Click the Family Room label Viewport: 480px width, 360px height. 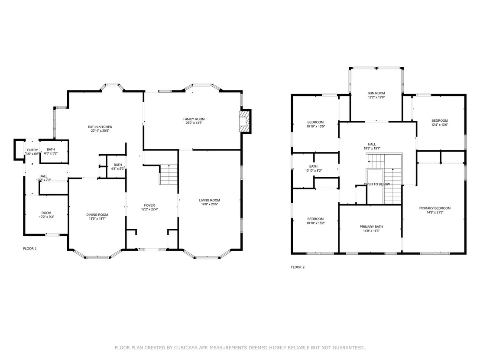(x=194, y=119)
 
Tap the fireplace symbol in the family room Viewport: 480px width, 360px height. (x=244, y=121)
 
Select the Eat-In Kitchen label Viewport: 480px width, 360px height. (x=100, y=127)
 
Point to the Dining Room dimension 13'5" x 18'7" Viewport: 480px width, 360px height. (x=97, y=219)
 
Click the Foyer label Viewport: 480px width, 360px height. (x=149, y=205)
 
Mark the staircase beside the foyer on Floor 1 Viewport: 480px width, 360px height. (x=169, y=175)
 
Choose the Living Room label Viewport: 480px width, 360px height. (x=209, y=201)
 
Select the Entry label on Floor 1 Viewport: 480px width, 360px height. (x=32, y=150)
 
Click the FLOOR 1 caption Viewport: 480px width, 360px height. (x=30, y=249)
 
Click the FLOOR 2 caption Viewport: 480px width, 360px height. (x=298, y=267)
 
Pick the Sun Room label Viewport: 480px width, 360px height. (x=376, y=93)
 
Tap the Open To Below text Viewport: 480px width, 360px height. (x=377, y=184)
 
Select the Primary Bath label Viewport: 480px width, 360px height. (x=371, y=227)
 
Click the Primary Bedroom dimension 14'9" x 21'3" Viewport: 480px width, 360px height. (x=435, y=212)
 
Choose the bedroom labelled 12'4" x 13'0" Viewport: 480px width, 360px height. (x=440, y=123)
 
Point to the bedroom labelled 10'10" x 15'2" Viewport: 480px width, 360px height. (x=315, y=221)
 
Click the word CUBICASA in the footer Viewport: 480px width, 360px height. (x=186, y=347)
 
